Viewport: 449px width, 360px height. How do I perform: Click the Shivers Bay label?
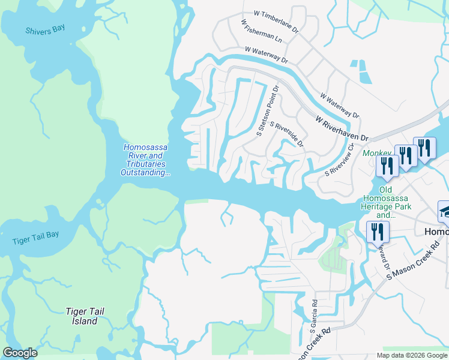click(x=45, y=30)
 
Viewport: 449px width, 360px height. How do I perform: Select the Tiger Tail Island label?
click(x=81, y=316)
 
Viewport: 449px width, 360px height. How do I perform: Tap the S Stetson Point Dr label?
click(x=268, y=110)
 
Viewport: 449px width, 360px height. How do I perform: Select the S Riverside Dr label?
click(x=288, y=134)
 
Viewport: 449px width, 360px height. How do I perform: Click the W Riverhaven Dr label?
click(x=342, y=128)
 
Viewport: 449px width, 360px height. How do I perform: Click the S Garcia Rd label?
click(x=313, y=317)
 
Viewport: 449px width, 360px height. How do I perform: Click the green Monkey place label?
click(x=376, y=154)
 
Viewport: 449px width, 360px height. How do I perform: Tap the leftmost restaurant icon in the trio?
click(x=387, y=164)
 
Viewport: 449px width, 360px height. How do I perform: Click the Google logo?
click(x=20, y=353)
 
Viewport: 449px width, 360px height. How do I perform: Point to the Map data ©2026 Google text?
click(x=412, y=355)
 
